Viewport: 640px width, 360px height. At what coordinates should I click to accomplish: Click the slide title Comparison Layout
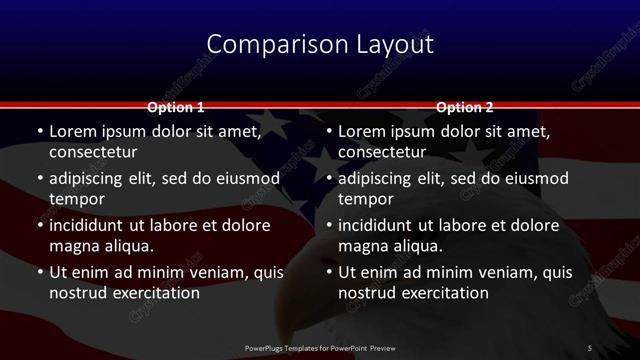coord(320,44)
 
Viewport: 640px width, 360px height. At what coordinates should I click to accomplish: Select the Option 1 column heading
coord(176,107)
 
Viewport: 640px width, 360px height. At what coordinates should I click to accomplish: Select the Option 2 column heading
coord(465,107)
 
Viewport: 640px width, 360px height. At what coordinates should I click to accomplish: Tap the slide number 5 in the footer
coord(590,347)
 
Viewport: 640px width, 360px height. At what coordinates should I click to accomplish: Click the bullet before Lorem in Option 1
coord(39,131)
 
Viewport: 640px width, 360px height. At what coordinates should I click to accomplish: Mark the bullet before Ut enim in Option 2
coord(329,272)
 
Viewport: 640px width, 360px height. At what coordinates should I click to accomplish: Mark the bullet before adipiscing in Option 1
coord(39,178)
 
